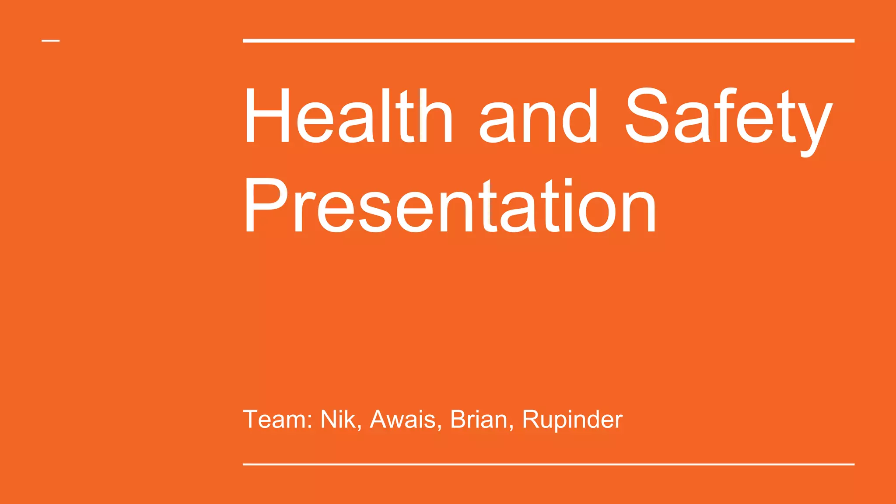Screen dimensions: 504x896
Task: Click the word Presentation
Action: tap(450, 206)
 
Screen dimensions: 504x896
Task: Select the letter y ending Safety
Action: tap(814, 127)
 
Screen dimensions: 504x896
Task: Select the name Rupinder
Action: tap(572, 420)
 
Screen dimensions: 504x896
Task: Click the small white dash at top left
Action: tap(51, 41)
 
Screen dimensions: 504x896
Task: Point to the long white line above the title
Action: tap(548, 41)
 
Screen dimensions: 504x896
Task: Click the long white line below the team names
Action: tap(548, 464)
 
